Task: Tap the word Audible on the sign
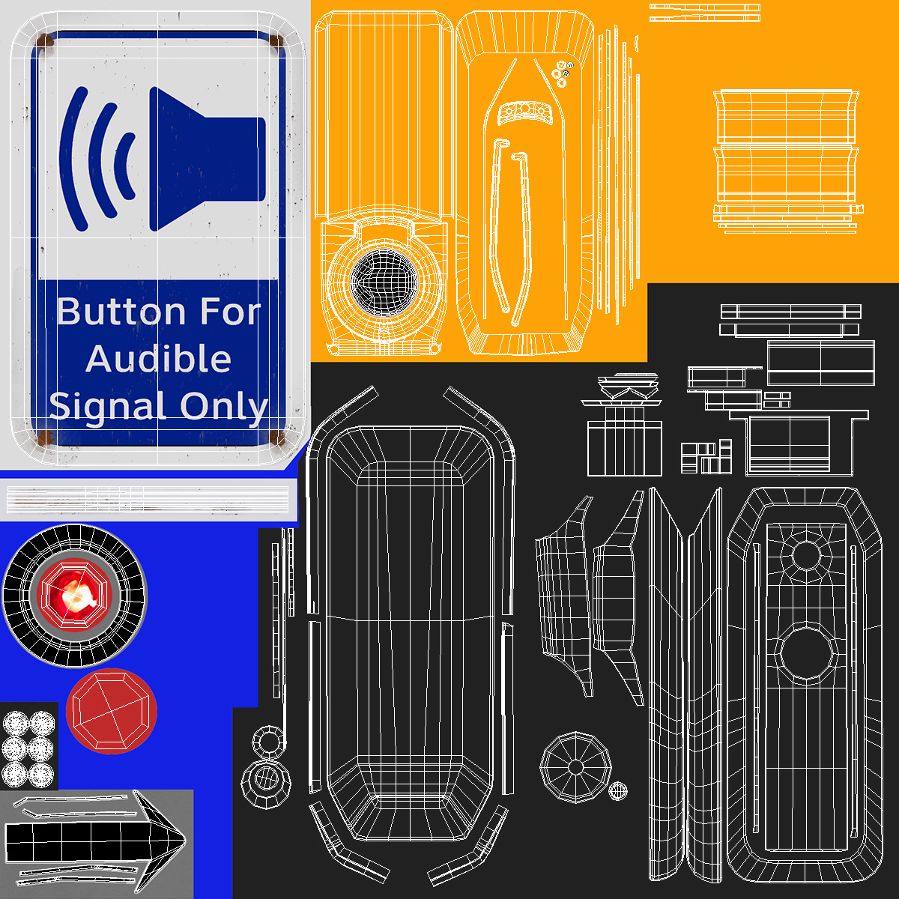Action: coord(158,359)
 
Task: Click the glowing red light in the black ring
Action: coord(73,596)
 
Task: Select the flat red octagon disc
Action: coord(112,710)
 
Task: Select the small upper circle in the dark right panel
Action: coord(806,554)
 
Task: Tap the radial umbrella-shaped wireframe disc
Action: coord(575,767)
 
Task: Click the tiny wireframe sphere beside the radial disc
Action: coord(617,790)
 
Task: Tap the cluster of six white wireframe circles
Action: coord(28,748)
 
